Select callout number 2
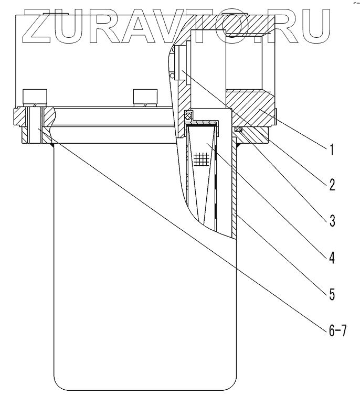[331, 184]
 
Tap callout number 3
[331, 220]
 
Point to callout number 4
[331, 257]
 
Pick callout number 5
[331, 293]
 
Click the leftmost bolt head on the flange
[35, 98]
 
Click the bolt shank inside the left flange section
[35, 126]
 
